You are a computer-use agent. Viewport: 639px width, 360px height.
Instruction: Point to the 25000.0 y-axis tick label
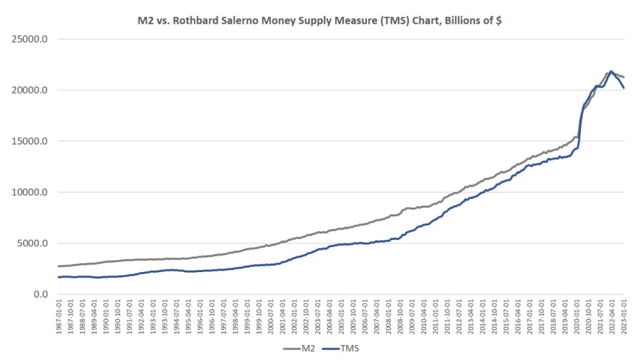(31, 39)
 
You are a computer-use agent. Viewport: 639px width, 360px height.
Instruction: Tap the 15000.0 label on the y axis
(31, 141)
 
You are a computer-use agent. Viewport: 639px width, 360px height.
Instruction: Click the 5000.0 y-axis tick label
(33, 243)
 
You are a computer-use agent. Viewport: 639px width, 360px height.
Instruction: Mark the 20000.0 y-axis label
(31, 90)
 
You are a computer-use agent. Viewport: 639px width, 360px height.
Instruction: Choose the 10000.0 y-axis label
(31, 192)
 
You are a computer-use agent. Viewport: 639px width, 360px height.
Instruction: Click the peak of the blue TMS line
(611, 71)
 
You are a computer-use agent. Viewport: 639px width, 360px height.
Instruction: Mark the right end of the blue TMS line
(624, 88)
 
